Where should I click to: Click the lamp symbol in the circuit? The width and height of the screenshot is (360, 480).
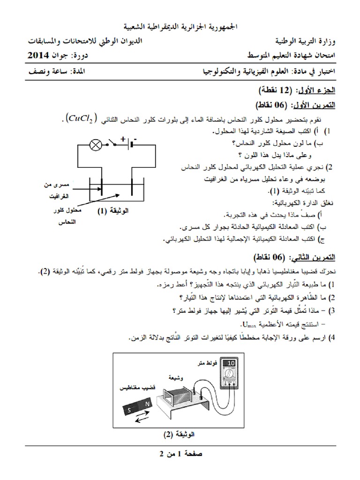96,145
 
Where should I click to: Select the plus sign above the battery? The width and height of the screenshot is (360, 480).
123,139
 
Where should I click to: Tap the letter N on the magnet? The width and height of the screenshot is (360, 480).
147,403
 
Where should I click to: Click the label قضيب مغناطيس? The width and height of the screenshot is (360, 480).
136,389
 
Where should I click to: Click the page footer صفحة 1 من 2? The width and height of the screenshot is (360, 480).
180,454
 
